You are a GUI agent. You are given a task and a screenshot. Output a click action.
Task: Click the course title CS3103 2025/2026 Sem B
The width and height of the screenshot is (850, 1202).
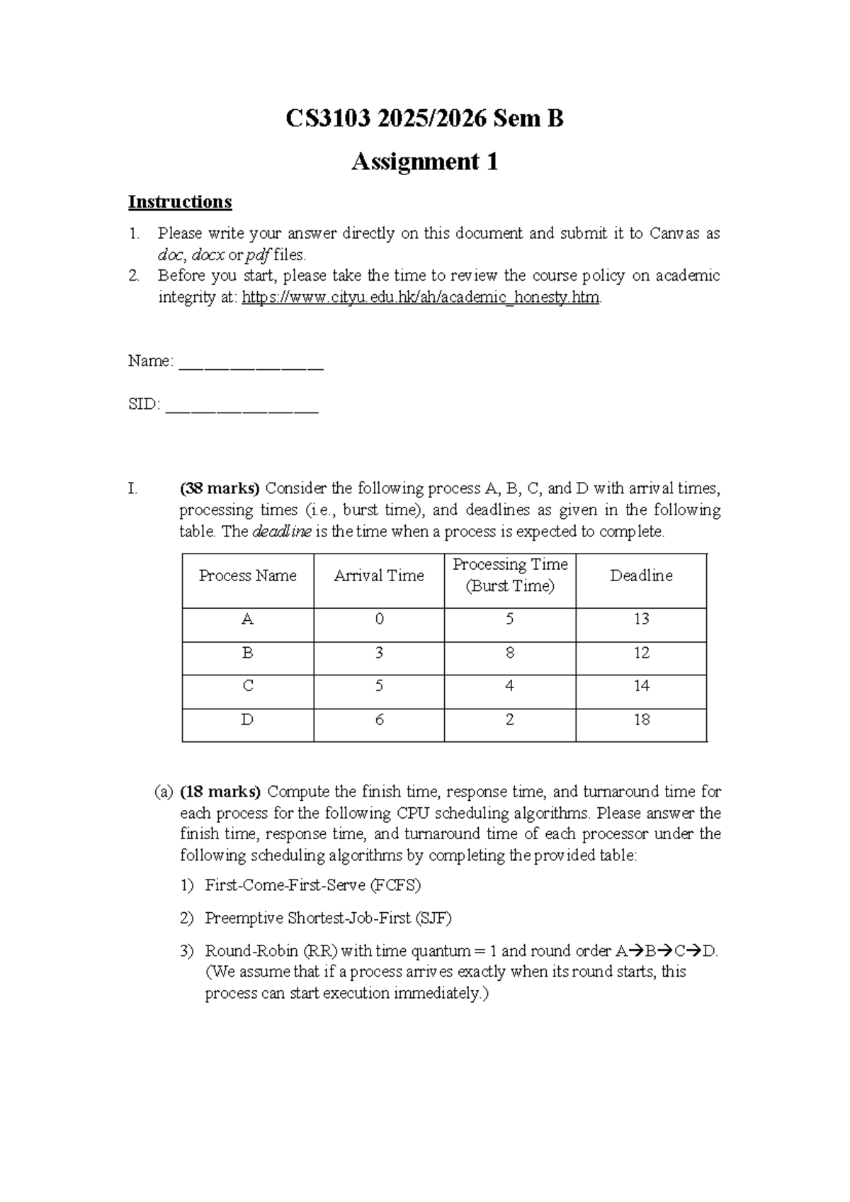click(x=424, y=118)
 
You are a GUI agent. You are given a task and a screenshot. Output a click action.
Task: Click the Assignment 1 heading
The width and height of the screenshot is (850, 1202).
click(x=424, y=162)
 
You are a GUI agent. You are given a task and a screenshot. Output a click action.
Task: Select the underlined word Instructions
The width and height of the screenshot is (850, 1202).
click(x=180, y=202)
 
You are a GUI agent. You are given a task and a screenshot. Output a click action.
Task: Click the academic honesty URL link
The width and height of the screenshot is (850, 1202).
click(x=421, y=298)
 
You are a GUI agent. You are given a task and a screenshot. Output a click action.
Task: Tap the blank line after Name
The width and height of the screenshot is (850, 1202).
click(x=251, y=363)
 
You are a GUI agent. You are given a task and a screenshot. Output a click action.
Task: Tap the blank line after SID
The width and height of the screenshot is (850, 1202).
click(x=242, y=406)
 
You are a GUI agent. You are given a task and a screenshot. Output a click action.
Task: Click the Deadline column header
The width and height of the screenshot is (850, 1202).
click(x=641, y=575)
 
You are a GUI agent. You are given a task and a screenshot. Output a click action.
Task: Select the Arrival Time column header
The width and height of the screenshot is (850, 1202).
click(x=378, y=575)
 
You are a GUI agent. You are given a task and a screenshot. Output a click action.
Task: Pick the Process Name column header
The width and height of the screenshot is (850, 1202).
click(x=247, y=575)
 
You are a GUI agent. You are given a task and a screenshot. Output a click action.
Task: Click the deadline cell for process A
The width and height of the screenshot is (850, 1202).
click(x=641, y=619)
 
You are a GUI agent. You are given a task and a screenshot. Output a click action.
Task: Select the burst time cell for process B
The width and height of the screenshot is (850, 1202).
click(x=509, y=653)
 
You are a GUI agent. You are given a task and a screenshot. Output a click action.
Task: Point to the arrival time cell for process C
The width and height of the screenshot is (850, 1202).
click(x=379, y=686)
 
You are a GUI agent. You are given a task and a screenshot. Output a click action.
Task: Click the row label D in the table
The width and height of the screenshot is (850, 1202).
click(x=247, y=720)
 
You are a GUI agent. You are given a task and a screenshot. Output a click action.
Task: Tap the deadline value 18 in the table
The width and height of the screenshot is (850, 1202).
click(x=641, y=720)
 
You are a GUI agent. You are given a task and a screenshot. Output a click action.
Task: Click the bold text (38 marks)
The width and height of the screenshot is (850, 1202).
click(x=220, y=488)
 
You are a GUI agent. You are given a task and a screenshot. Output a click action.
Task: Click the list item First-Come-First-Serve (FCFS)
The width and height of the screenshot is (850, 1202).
click(x=312, y=885)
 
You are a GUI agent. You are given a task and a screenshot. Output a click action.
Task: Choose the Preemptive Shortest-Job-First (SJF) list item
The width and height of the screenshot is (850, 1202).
click(x=328, y=919)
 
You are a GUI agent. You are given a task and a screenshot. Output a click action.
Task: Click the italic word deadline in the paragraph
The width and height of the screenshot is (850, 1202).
click(x=281, y=532)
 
